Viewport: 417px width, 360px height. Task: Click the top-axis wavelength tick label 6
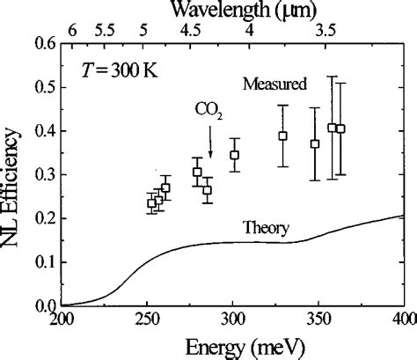click(73, 29)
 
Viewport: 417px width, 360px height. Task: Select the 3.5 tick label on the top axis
click(326, 29)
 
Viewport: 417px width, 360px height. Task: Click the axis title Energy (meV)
click(231, 345)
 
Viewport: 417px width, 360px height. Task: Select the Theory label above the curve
click(267, 228)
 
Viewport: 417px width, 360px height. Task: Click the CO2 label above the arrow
click(209, 111)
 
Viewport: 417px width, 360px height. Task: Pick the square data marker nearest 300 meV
click(235, 155)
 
